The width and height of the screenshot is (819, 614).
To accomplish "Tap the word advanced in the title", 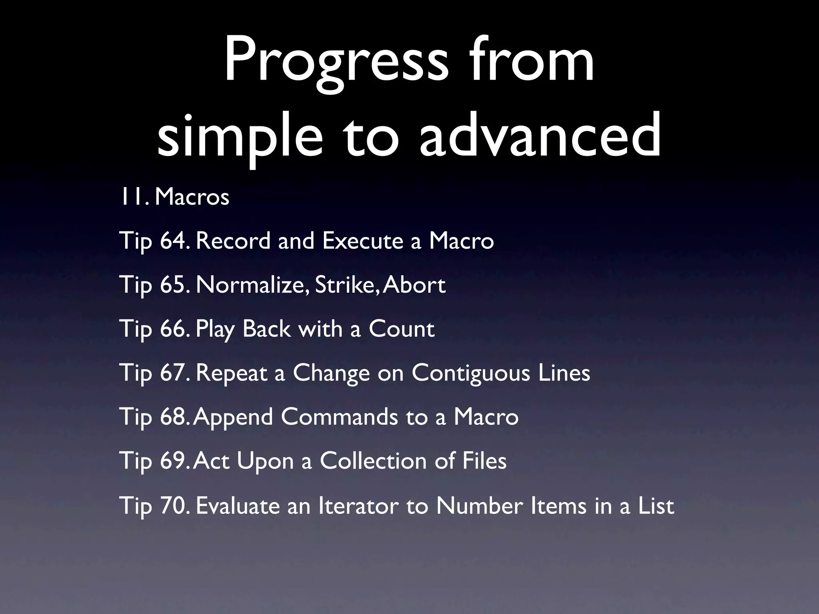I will coord(540,134).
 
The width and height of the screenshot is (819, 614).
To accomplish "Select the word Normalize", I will coord(252,285).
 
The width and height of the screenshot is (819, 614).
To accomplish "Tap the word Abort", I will coord(414,285).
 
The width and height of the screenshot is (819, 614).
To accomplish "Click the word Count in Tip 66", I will coord(402,329).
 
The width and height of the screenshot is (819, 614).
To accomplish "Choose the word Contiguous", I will coord(471,373).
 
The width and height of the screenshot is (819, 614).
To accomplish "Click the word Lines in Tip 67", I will coord(564,373).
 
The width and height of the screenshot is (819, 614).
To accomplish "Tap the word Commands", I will coord(339,417).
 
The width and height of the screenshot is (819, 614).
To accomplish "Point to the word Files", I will coord(484,460).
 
